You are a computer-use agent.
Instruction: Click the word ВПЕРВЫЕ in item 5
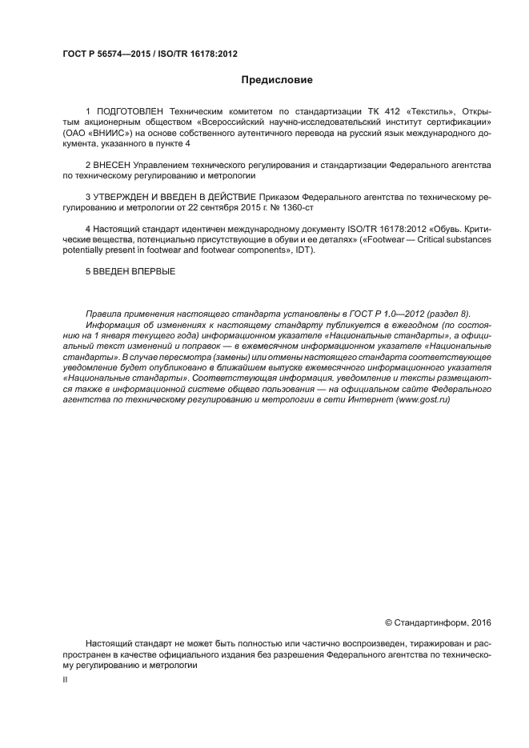(x=150, y=271)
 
